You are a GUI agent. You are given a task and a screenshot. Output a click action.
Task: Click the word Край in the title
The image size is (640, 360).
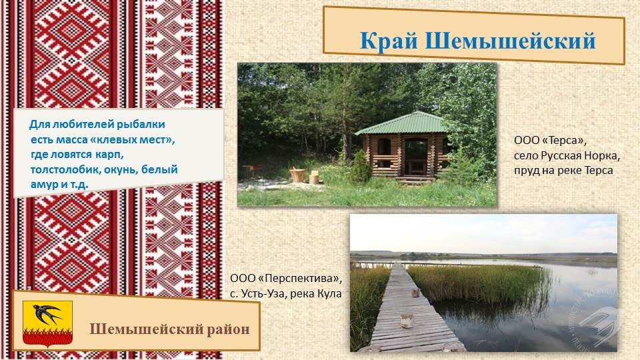coord(389,41)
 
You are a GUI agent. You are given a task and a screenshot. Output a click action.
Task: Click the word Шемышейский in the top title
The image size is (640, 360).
coord(510,41)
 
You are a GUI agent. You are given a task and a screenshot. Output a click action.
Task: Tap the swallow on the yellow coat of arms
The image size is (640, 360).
coord(47,314)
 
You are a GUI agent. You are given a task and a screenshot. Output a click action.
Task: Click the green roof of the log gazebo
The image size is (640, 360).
coord(401,123)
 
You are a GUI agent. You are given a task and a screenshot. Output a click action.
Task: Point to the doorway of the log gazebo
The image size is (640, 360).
coord(415,157)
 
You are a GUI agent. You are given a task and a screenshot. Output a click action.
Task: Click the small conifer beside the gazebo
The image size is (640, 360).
coord(361,167)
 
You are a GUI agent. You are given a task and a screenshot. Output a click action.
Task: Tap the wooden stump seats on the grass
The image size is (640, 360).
coord(304,176)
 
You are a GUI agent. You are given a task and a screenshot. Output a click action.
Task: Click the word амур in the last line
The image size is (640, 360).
coord(44,185)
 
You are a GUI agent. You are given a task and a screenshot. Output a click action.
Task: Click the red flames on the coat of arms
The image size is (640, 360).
coord(47,336)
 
